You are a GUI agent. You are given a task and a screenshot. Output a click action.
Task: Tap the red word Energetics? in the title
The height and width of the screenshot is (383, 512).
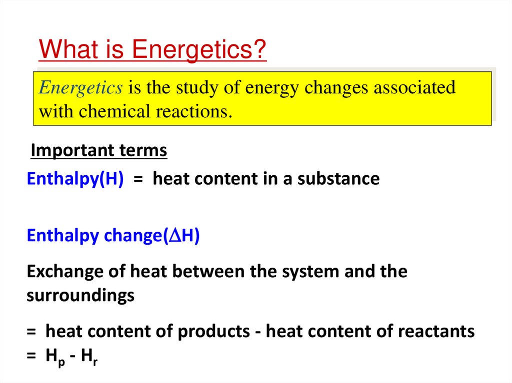[x=199, y=51]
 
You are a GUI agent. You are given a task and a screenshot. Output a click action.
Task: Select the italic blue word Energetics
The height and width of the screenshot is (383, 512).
[x=80, y=88]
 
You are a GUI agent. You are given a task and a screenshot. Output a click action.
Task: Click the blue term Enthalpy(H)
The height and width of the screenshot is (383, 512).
[x=75, y=179]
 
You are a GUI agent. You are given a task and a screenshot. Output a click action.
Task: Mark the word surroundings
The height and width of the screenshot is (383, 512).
[x=80, y=296]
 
